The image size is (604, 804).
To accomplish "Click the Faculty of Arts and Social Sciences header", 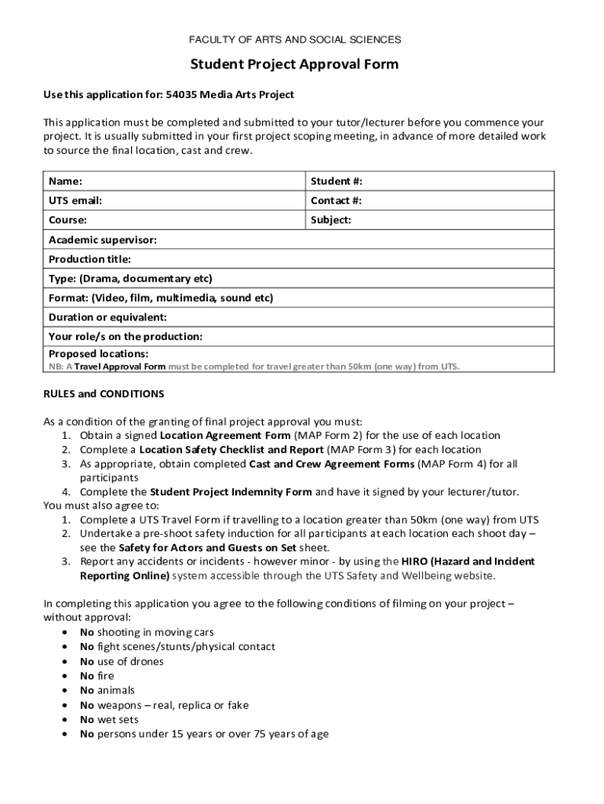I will pyautogui.click(x=295, y=39).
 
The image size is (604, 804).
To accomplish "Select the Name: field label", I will pyautogui.click(x=65, y=181).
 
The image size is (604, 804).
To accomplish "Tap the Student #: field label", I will pyautogui.click(x=337, y=181).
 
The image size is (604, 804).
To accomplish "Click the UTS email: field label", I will pyautogui.click(x=75, y=201).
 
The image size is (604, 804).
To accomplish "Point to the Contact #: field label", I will pyautogui.click(x=336, y=201).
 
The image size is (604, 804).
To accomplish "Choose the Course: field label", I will pyautogui.click(x=67, y=221).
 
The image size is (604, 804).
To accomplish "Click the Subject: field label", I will pyautogui.click(x=331, y=221).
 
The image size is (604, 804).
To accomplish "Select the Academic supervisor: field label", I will pyautogui.click(x=102, y=239).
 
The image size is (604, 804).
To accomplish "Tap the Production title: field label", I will pyautogui.click(x=89, y=259).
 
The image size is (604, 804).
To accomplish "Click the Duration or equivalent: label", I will pyautogui.click(x=107, y=317).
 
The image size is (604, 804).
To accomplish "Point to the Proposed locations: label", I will pyautogui.click(x=98, y=354).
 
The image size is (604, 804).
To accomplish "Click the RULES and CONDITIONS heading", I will pyautogui.click(x=104, y=393).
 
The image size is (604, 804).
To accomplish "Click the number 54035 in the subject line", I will pyautogui.click(x=181, y=95).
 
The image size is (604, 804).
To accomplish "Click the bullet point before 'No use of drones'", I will pyautogui.click(x=64, y=662).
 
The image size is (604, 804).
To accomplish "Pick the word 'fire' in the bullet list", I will pyautogui.click(x=105, y=676).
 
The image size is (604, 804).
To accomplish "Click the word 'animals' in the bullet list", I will pyautogui.click(x=115, y=690).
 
